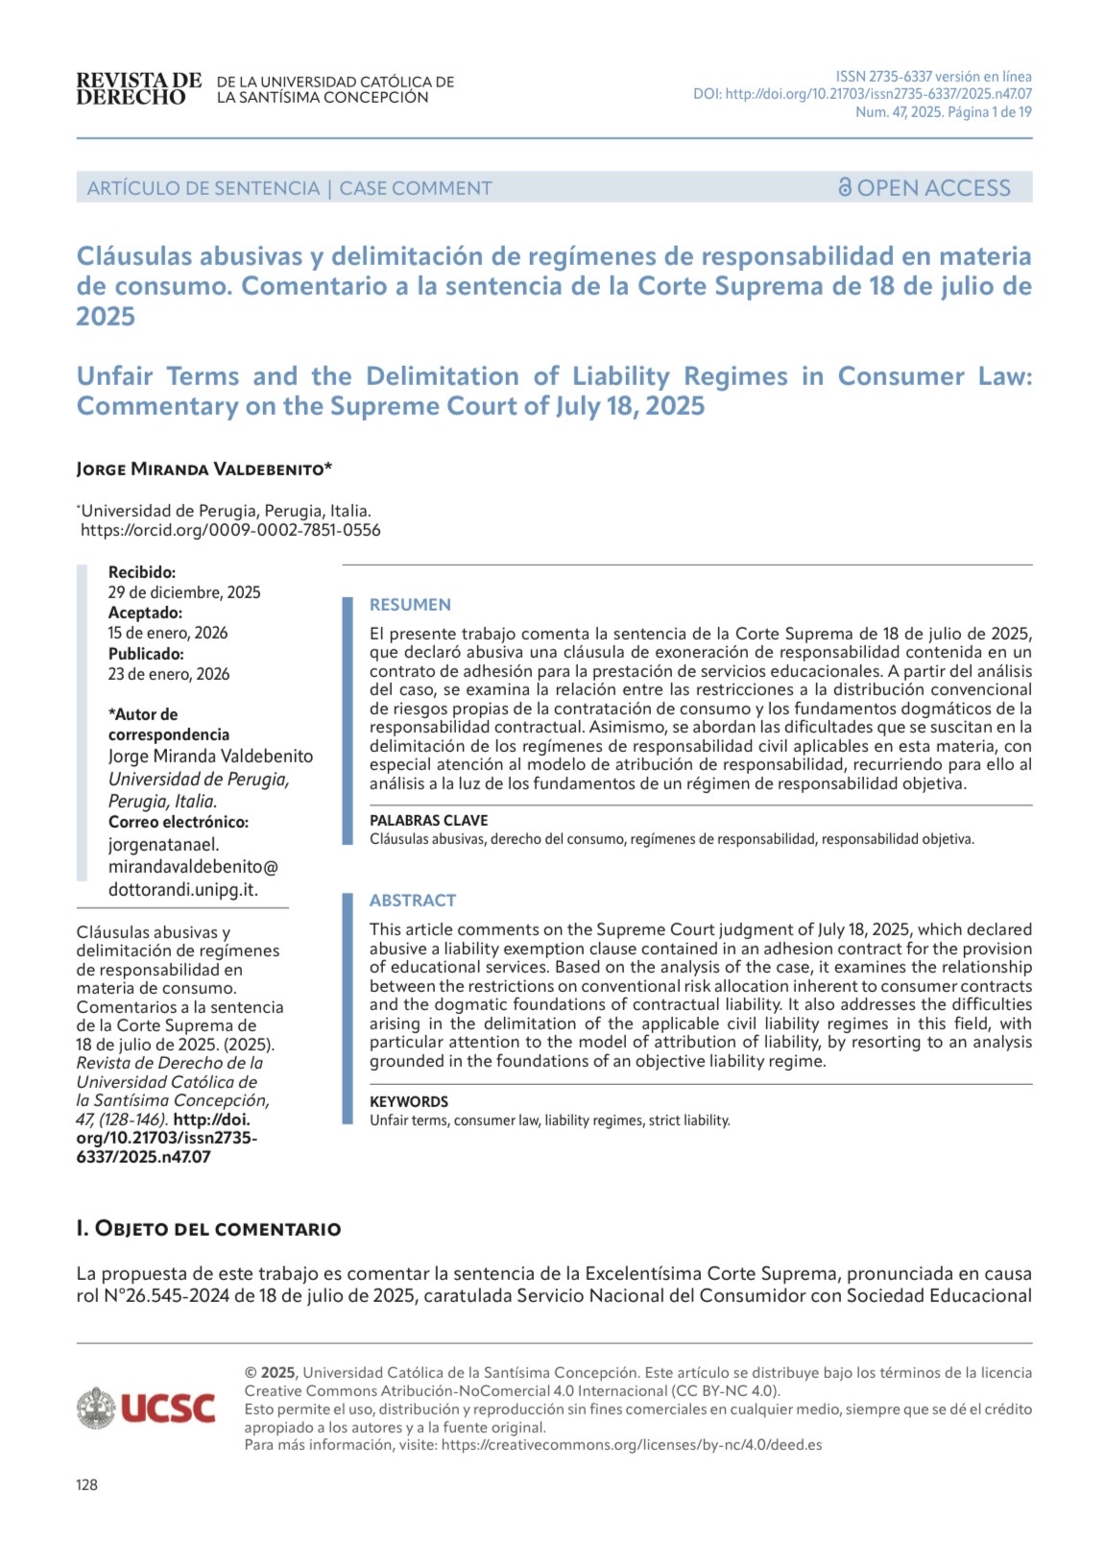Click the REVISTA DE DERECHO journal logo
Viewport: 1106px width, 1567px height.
138,88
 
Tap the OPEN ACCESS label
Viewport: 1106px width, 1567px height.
925,187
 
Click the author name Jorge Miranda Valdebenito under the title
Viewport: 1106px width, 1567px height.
204,470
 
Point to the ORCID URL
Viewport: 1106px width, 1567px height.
230,530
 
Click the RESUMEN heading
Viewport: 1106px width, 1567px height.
410,605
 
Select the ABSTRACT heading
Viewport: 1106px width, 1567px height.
413,901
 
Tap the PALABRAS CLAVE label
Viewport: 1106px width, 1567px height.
428,820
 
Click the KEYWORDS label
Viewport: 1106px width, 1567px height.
409,1101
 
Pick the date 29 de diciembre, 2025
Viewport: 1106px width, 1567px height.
184,592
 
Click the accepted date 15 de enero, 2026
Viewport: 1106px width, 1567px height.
168,633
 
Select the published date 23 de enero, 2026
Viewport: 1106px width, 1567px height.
169,674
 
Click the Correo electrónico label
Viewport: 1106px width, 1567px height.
179,822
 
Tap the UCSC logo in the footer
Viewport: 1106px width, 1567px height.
147,1408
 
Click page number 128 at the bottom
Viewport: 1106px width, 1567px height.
86,1484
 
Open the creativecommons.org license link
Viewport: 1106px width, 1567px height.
631,1444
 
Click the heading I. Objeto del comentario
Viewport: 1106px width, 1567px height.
208,1229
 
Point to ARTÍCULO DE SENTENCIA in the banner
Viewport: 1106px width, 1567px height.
204,188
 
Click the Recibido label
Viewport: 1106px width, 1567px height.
142,572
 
